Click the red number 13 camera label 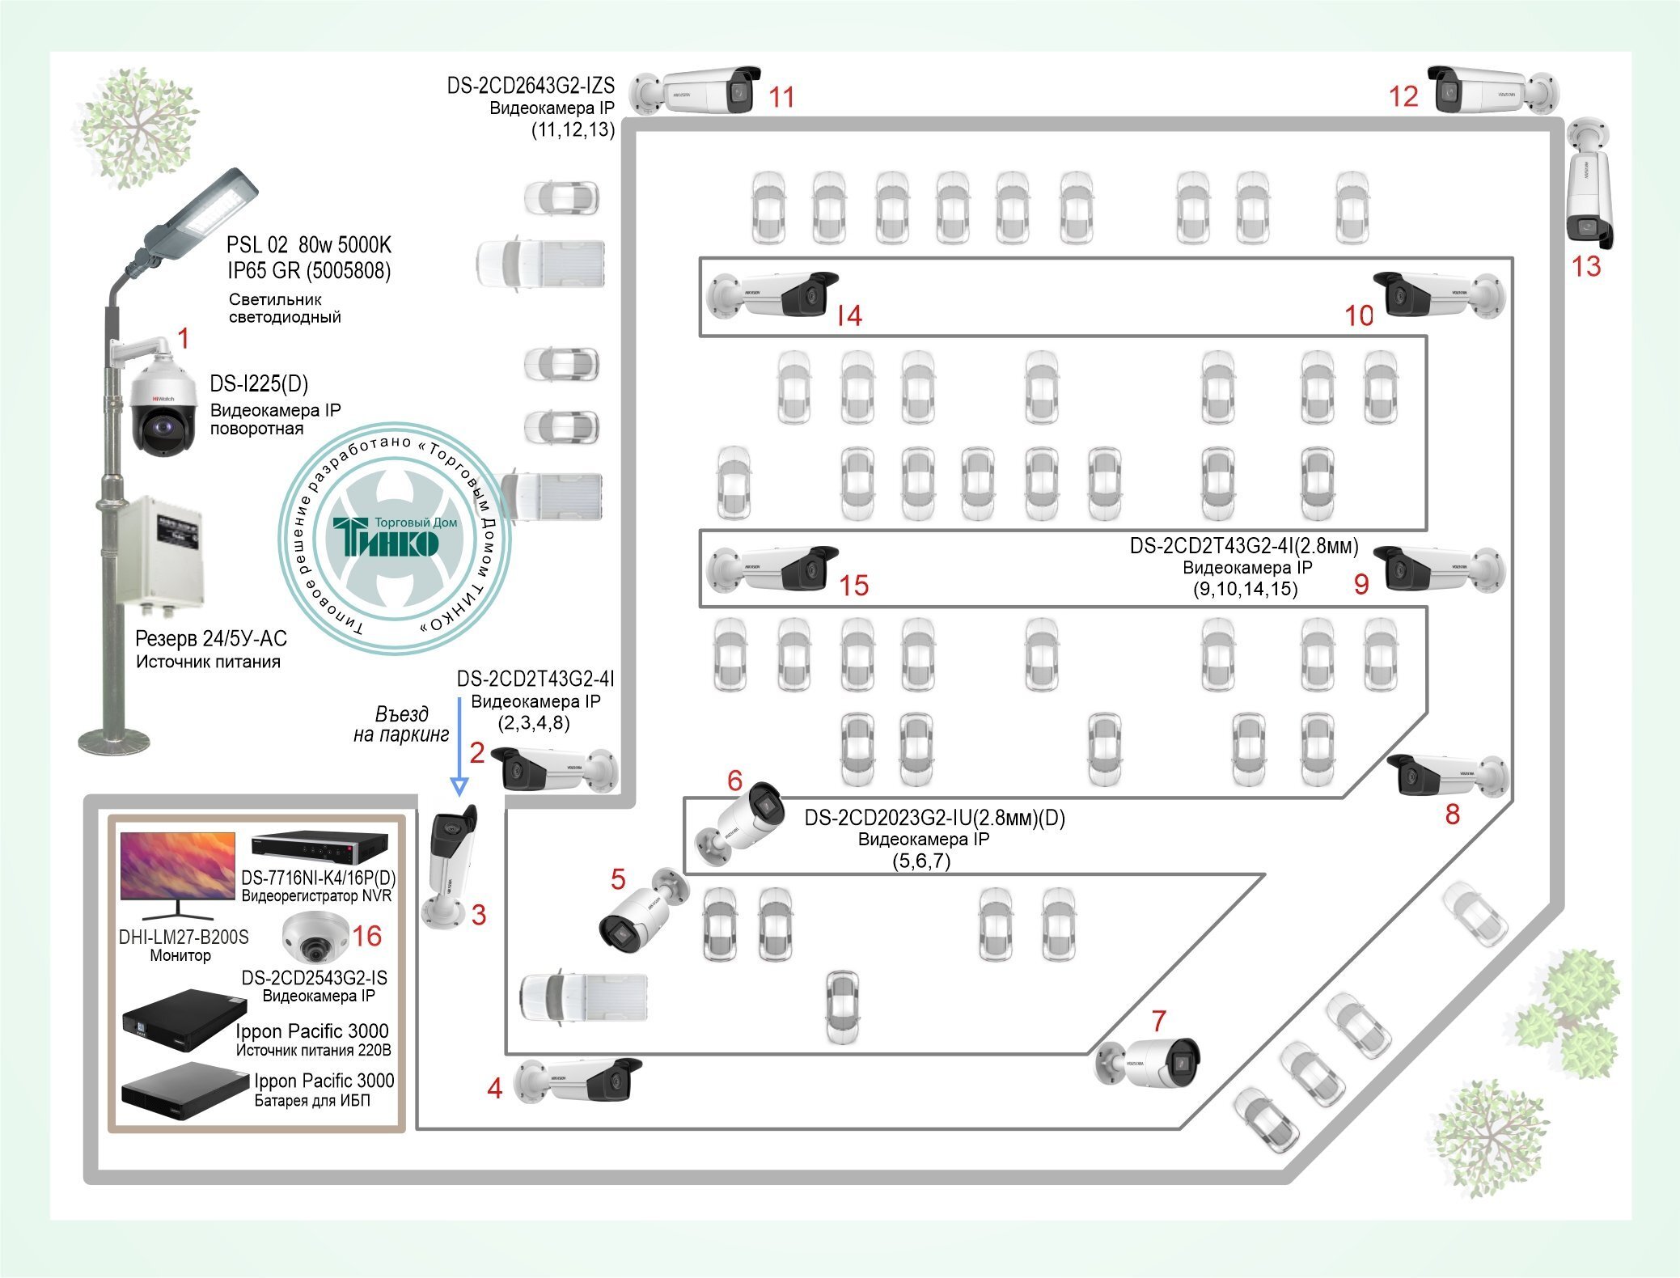(x=1585, y=266)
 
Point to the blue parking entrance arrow (x=459, y=746)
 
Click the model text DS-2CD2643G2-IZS (x=531, y=85)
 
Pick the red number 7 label (x=1158, y=1021)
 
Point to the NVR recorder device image (x=319, y=848)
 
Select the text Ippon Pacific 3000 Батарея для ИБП (x=324, y=1090)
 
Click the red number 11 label (x=781, y=97)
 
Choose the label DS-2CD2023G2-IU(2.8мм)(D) (x=934, y=818)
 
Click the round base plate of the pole (x=114, y=740)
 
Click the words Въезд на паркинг (x=401, y=724)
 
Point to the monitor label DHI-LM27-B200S (x=184, y=937)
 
